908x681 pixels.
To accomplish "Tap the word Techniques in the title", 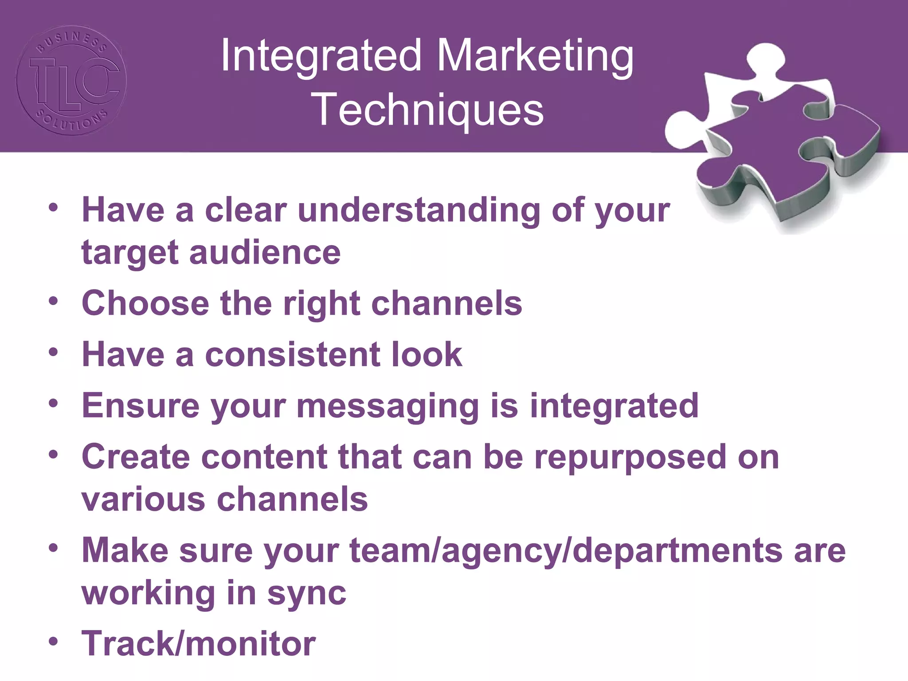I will (x=428, y=110).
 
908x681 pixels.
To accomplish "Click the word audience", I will (x=265, y=253).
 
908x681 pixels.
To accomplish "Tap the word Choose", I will (x=145, y=304).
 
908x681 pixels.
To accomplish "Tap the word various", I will (x=143, y=500).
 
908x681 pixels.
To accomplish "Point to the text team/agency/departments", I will (x=566, y=551).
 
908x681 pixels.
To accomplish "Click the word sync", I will (x=306, y=593).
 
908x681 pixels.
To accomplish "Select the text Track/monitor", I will (x=199, y=643).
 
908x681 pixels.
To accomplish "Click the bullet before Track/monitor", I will (x=54, y=642).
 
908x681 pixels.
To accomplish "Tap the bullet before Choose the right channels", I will (x=54, y=301).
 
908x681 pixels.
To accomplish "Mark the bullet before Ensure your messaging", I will (x=54, y=403).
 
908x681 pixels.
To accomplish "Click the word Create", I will (x=136, y=457).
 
